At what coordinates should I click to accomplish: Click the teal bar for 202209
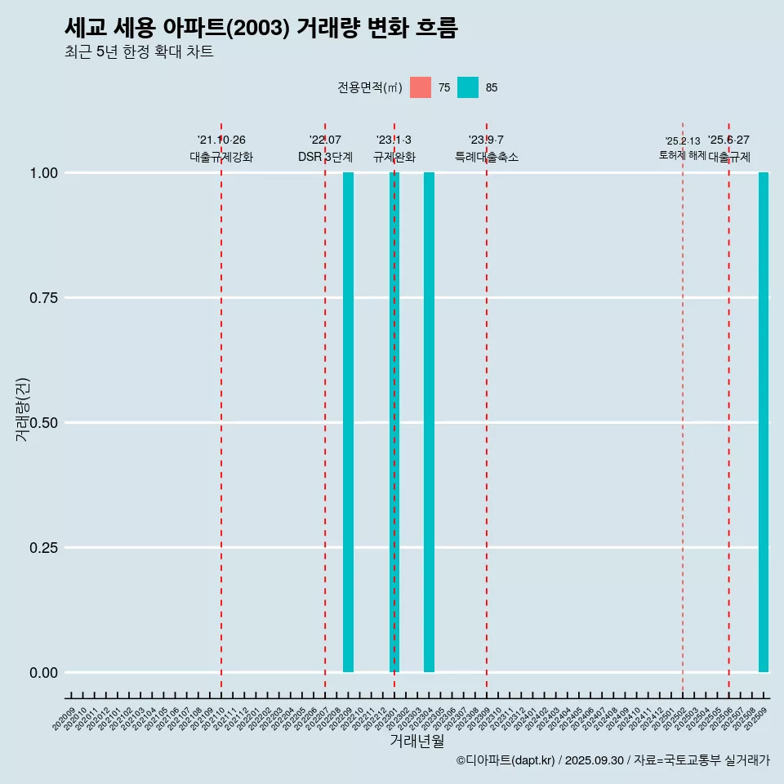pyautogui.click(x=348, y=422)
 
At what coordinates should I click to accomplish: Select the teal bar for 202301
pyautogui.click(x=394, y=422)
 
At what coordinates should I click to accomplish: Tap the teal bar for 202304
pyautogui.click(x=429, y=422)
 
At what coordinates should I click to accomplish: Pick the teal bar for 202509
pyautogui.click(x=764, y=422)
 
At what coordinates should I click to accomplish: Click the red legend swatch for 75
pyautogui.click(x=421, y=87)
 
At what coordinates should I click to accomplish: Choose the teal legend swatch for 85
pyautogui.click(x=468, y=87)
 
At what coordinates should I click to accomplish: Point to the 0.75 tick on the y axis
pyautogui.click(x=42, y=298)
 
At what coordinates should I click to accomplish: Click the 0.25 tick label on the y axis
pyautogui.click(x=42, y=548)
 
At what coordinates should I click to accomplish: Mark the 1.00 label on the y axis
pyautogui.click(x=42, y=173)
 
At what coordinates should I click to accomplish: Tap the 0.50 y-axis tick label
pyautogui.click(x=42, y=423)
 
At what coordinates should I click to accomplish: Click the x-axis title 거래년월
pyautogui.click(x=417, y=741)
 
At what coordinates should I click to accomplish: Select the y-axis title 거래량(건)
pyautogui.click(x=23, y=408)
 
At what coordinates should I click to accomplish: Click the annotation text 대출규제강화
pyautogui.click(x=221, y=157)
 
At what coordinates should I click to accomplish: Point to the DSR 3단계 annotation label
pyautogui.click(x=325, y=157)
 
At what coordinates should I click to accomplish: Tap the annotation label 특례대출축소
pyautogui.click(x=487, y=157)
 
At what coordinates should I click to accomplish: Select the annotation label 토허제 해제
pyautogui.click(x=683, y=155)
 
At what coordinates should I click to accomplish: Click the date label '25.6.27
pyautogui.click(x=728, y=140)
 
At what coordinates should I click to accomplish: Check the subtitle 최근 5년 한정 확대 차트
pyautogui.click(x=139, y=52)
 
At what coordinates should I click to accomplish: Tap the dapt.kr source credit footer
pyautogui.click(x=612, y=760)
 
